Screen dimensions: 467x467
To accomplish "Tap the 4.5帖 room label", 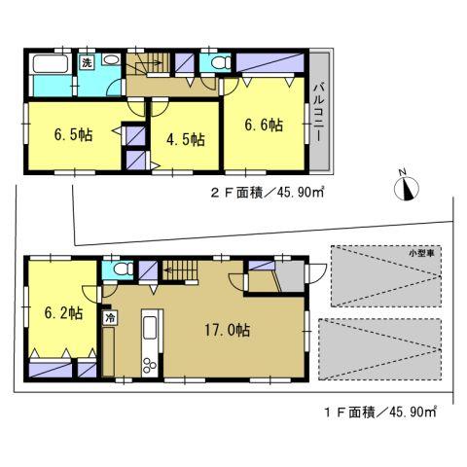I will (x=184, y=140).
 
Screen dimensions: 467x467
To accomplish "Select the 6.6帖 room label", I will (x=264, y=126).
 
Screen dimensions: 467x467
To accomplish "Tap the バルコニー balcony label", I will (x=318, y=113).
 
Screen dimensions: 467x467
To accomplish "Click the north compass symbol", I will (x=408, y=187).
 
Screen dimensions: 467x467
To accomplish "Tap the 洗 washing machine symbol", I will (x=86, y=63).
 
